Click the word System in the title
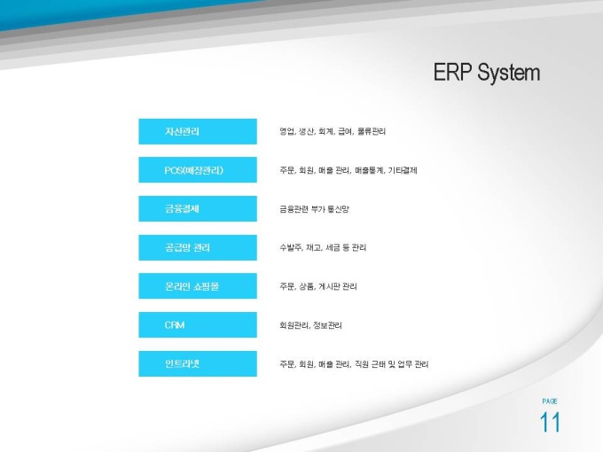point(508,73)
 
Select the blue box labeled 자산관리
point(198,131)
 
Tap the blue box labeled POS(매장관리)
point(198,170)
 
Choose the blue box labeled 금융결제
point(198,208)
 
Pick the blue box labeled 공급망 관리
point(198,247)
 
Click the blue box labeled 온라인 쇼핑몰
point(198,286)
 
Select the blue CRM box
point(198,324)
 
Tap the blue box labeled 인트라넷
point(198,363)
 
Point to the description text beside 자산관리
point(333,131)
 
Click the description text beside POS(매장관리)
point(348,170)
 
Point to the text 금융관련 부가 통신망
point(314,209)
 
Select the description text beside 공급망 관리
point(323,247)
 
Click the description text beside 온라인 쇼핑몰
point(318,286)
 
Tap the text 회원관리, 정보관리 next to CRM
point(310,325)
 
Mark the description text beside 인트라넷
point(354,364)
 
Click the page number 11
point(550,423)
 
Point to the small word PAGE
point(550,401)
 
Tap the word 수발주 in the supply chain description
point(291,247)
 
